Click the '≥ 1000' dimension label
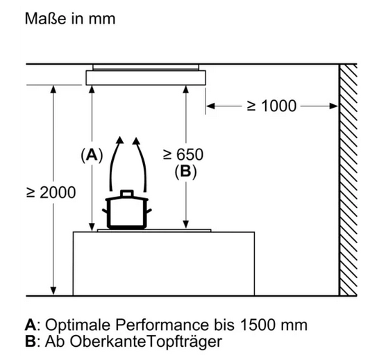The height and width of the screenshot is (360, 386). tap(271, 106)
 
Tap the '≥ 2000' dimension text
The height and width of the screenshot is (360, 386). tap(51, 193)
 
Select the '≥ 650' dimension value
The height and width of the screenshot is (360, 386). tap(183, 154)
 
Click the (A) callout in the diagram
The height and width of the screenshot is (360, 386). tap(92, 156)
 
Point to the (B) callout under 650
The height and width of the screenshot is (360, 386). tap(185, 171)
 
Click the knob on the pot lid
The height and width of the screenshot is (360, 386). tap(127, 193)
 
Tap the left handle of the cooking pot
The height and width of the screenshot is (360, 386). tap(106, 211)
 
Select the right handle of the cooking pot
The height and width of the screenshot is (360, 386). tap(149, 211)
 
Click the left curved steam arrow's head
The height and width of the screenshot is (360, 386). tap(120, 140)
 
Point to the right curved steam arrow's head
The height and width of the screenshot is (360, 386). tap(136, 140)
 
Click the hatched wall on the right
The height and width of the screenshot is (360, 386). tap(348, 180)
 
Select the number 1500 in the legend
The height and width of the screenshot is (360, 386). tap(258, 325)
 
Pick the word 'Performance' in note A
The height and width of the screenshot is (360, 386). tap(162, 325)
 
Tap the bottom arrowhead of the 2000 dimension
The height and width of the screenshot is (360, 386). tap(53, 291)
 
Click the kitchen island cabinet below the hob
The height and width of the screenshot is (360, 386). tap(164, 263)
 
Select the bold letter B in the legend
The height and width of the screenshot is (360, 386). tap(31, 341)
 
